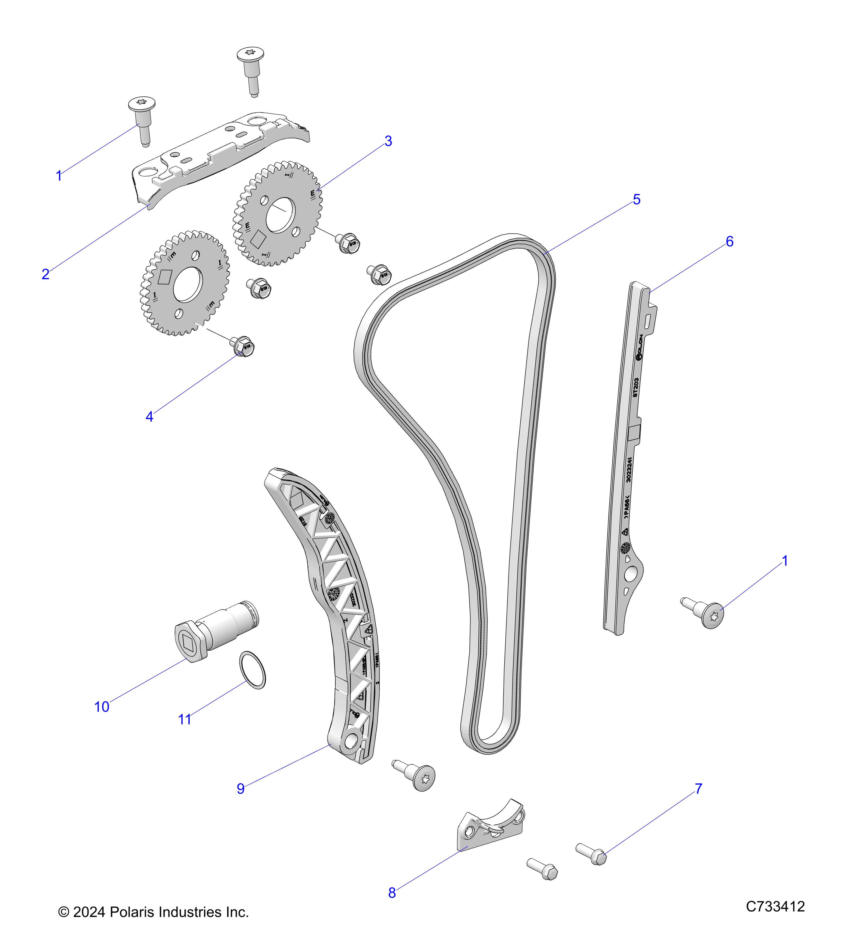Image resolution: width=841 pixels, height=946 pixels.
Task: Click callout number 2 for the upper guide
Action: [x=45, y=274]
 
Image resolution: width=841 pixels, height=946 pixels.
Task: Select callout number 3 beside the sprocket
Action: [x=388, y=141]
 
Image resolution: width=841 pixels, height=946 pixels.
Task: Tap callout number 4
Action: [x=149, y=417]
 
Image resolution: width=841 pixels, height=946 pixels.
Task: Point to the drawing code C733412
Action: [x=775, y=906]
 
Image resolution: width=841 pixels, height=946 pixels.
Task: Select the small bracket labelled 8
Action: [x=491, y=829]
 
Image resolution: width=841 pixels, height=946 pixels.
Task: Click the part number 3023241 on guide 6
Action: [x=628, y=470]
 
